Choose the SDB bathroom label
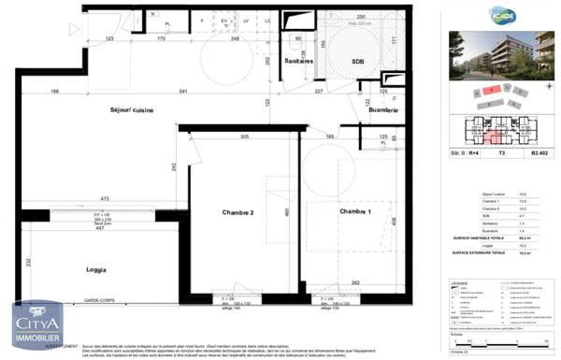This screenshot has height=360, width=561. [357, 61]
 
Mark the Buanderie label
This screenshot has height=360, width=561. [384, 111]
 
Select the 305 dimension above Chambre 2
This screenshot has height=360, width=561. [245, 137]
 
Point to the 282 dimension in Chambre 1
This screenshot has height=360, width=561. [355, 282]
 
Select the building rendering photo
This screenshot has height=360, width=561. [502, 56]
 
